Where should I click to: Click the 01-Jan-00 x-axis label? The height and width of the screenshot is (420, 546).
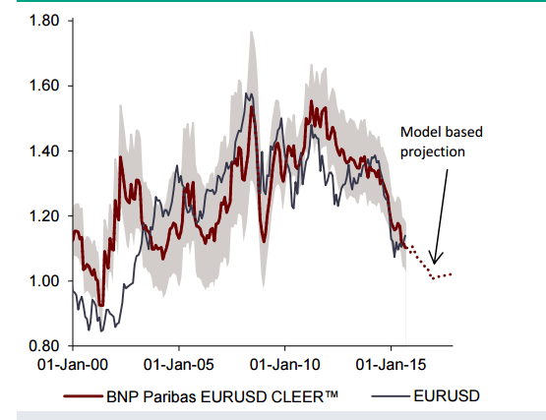(72, 365)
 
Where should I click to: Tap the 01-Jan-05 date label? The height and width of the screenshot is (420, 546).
(178, 365)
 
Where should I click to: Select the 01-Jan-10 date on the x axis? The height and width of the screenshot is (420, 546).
(284, 365)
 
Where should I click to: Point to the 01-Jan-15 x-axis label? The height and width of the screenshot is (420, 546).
(392, 365)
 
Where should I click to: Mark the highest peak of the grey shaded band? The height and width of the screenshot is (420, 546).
(251, 31)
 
